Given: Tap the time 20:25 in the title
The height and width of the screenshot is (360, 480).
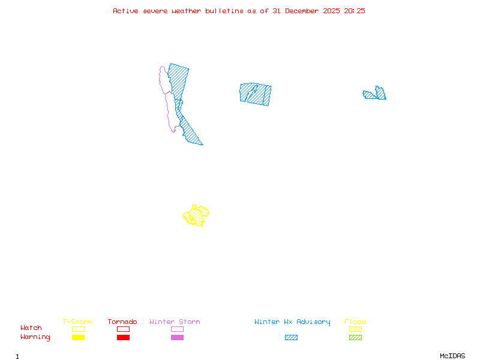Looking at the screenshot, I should click(x=355, y=11).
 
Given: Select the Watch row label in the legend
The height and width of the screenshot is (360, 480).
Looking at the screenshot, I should click(x=31, y=328).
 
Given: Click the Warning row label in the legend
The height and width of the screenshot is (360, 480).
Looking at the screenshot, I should click(x=35, y=337).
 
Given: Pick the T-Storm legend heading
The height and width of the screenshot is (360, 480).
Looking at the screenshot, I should click(x=77, y=322).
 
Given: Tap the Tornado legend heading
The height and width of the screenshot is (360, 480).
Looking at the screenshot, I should click(x=122, y=322).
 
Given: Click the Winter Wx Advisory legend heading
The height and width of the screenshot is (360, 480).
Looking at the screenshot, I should click(x=292, y=322).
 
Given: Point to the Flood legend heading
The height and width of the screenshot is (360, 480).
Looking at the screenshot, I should click(x=355, y=322).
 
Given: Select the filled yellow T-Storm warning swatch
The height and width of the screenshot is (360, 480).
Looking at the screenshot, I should click(x=78, y=338).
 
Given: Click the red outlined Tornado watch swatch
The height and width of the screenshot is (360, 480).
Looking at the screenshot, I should click(x=123, y=329).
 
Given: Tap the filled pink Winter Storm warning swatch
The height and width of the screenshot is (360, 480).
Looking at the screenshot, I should click(x=177, y=338).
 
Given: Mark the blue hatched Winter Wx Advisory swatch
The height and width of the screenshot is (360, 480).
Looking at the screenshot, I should click(x=291, y=338).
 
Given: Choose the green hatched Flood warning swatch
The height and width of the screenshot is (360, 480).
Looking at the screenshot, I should click(x=355, y=338).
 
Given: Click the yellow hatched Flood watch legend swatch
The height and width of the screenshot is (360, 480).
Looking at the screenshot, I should click(x=355, y=329).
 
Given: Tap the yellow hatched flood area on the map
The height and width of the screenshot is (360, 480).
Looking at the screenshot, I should click(x=196, y=215).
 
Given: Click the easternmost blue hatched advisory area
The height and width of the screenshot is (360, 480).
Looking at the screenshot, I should click(x=376, y=94).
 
